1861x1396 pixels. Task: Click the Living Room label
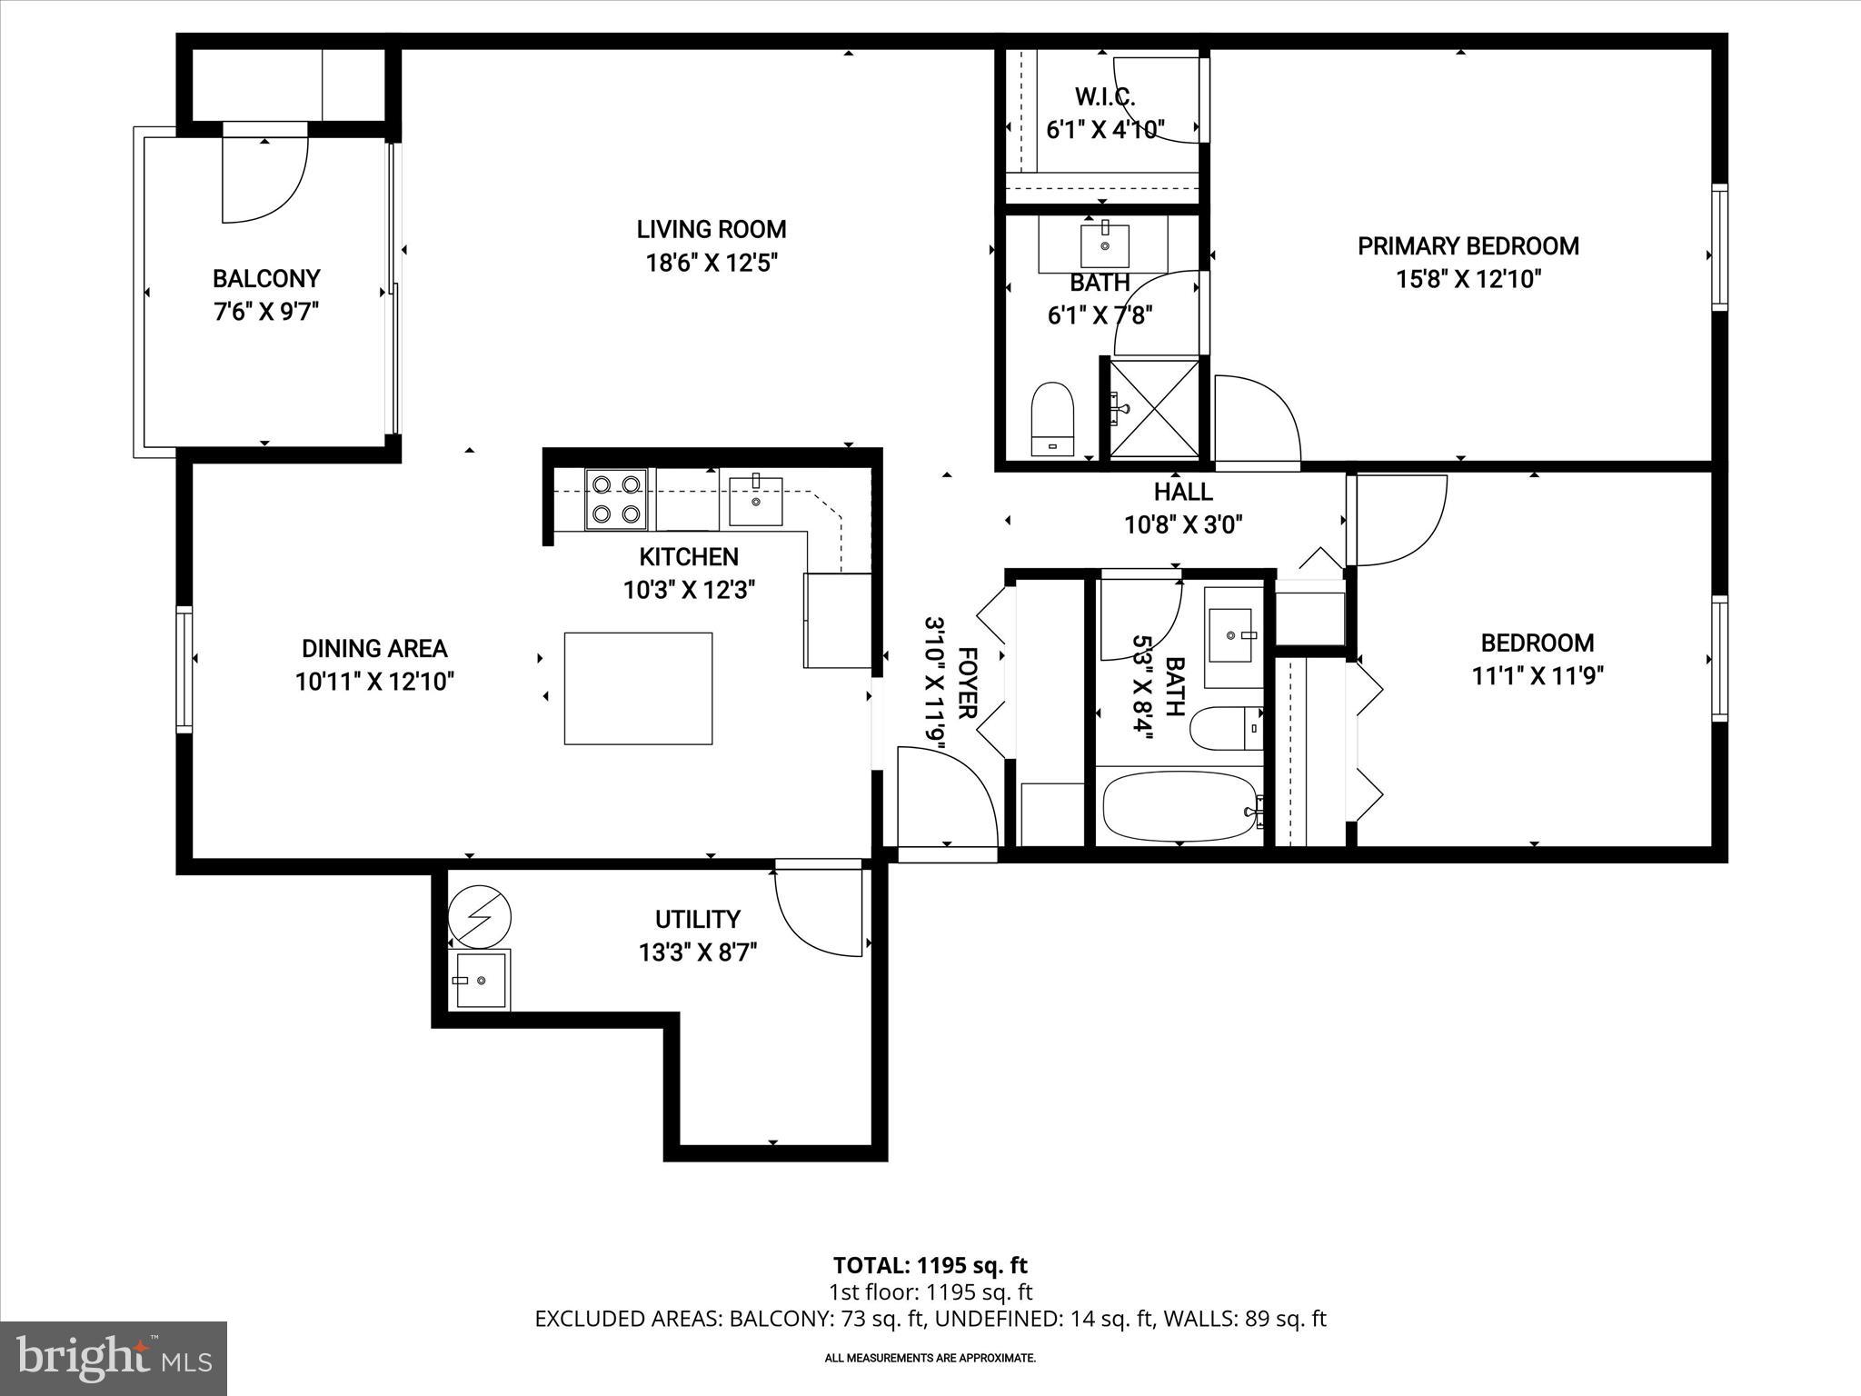[x=711, y=229]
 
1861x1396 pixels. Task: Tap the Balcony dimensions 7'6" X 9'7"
[x=266, y=312]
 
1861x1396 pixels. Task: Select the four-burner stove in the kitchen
[x=615, y=499]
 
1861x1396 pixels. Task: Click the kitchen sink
[x=755, y=500]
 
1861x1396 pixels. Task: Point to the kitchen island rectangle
[x=638, y=688]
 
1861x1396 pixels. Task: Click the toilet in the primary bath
[x=1053, y=418]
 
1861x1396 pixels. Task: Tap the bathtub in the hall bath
[x=1179, y=806]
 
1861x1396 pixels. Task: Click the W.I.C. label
[x=1105, y=96]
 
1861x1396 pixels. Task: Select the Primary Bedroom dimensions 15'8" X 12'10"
[x=1468, y=279]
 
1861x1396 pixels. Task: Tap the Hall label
[x=1183, y=492]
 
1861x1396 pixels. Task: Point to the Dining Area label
[x=374, y=648]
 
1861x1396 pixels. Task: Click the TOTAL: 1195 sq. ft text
[x=930, y=1265]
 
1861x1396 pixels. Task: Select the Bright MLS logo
[x=114, y=1358]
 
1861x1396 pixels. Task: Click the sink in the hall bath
[x=1233, y=636]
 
